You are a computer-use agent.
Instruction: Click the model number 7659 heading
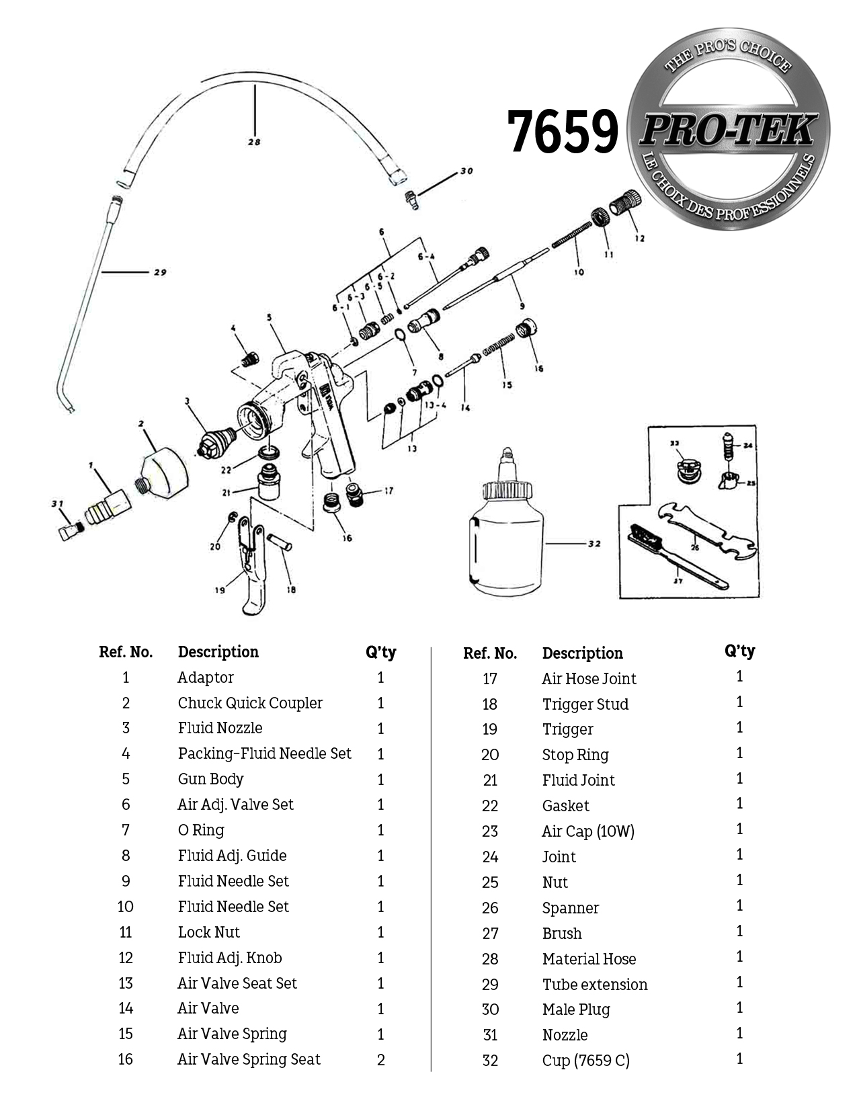point(562,131)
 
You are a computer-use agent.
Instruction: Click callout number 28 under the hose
point(254,142)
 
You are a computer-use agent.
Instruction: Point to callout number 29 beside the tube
point(160,272)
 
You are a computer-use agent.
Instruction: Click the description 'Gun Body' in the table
point(210,779)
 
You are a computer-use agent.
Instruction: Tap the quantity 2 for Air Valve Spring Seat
point(380,1060)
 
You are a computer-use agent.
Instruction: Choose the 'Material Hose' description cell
point(589,959)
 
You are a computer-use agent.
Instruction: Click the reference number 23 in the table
point(490,831)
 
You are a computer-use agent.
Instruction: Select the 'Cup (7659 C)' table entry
point(585,1061)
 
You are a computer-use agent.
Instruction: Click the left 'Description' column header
point(218,652)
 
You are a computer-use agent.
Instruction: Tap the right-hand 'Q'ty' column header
point(739,651)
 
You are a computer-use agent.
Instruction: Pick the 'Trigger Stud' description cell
point(585,704)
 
